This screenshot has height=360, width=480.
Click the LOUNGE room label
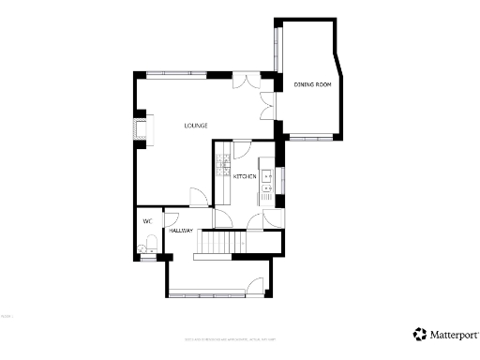(195, 126)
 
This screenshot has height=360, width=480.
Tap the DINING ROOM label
(312, 85)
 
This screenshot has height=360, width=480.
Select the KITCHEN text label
(246, 176)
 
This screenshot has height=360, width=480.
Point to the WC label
(147, 221)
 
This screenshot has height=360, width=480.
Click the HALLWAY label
(181, 231)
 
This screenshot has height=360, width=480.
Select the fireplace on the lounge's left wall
(142, 127)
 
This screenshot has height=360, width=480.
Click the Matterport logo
(446, 333)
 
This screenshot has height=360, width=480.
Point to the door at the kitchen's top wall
(240, 148)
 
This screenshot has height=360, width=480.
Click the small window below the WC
(147, 258)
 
